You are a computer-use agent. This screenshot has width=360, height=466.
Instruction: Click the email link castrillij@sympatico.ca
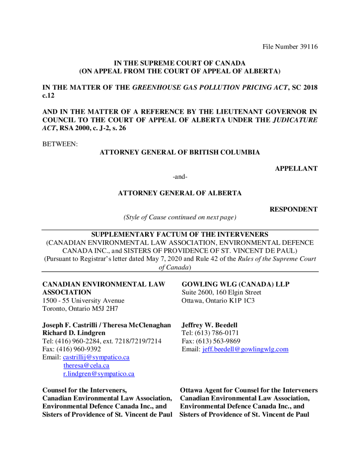pos(96,358)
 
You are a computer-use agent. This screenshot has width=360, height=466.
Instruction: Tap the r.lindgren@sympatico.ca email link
pos(99,374)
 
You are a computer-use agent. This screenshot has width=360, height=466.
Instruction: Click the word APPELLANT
pos(296,169)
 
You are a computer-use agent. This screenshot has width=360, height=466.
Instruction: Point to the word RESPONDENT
pos(294,209)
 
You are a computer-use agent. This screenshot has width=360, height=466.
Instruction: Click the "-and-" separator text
pos(180,177)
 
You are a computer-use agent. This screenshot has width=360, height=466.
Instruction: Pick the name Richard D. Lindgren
pos(74,333)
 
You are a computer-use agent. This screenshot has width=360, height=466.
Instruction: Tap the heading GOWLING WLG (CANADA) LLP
pos(235,284)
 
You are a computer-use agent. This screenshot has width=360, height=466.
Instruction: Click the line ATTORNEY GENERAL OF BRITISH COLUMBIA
pos(180,152)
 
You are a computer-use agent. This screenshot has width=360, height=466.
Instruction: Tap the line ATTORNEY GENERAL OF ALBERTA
pos(180,193)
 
